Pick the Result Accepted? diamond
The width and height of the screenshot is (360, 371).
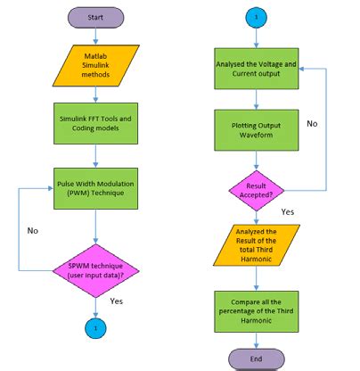257,189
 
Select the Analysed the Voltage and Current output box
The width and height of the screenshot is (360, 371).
257,70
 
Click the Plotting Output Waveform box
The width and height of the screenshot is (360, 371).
257,129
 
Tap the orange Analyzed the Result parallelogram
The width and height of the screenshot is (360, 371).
257,244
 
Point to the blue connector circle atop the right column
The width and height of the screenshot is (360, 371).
257,17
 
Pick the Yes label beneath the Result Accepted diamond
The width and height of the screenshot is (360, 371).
288,212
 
